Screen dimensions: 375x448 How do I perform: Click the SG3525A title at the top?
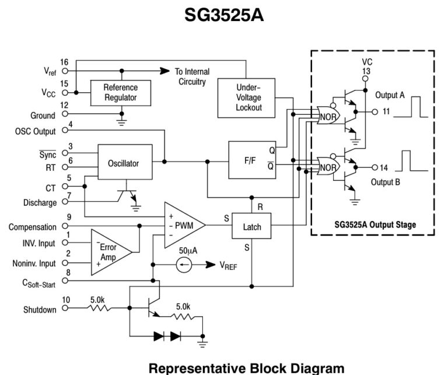(224, 15)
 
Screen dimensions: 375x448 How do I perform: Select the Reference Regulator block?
(120, 92)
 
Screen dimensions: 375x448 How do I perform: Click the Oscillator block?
(123, 163)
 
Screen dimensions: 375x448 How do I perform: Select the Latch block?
(251, 226)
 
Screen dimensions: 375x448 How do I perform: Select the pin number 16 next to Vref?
(64, 62)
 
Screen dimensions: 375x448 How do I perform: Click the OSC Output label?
(36, 131)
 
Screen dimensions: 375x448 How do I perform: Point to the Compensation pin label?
(33, 227)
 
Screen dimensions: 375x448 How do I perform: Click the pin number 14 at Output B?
(386, 167)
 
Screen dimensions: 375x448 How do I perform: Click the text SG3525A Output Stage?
(376, 225)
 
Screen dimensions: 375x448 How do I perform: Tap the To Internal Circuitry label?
(192, 76)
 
